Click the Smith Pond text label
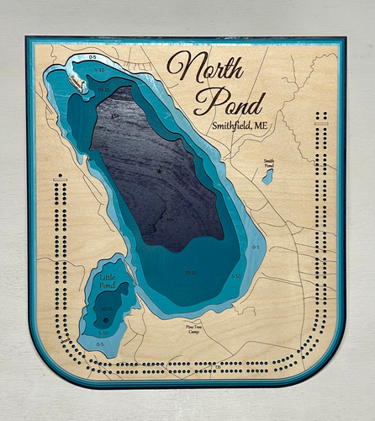(x=269, y=162)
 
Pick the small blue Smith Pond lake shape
(x=267, y=177)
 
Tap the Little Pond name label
(x=108, y=280)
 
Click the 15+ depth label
(x=115, y=116)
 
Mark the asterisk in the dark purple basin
(x=158, y=172)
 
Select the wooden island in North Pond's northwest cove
(x=76, y=82)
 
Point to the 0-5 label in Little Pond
(x=100, y=344)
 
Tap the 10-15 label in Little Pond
(x=107, y=308)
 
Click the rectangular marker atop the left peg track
(x=59, y=177)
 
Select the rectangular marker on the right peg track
(x=320, y=125)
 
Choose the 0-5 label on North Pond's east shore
(x=255, y=248)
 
